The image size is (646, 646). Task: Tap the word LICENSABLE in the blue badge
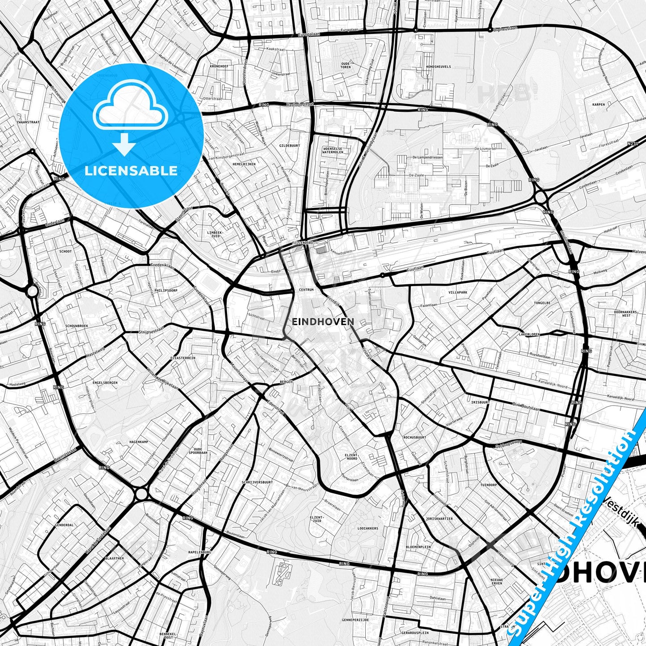131,170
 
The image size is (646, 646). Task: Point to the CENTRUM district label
306,290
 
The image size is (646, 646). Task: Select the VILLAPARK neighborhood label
458,292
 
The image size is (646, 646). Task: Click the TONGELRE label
542,303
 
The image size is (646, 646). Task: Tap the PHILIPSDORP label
166,290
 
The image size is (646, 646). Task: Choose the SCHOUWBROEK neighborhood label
77,326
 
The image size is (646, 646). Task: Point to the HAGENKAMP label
138,442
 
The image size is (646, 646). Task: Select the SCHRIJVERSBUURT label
257,482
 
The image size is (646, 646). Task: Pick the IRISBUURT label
481,402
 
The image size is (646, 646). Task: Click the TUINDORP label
489,485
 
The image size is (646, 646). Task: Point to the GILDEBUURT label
289,145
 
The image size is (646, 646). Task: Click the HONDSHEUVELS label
438,67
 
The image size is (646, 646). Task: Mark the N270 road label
632,144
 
